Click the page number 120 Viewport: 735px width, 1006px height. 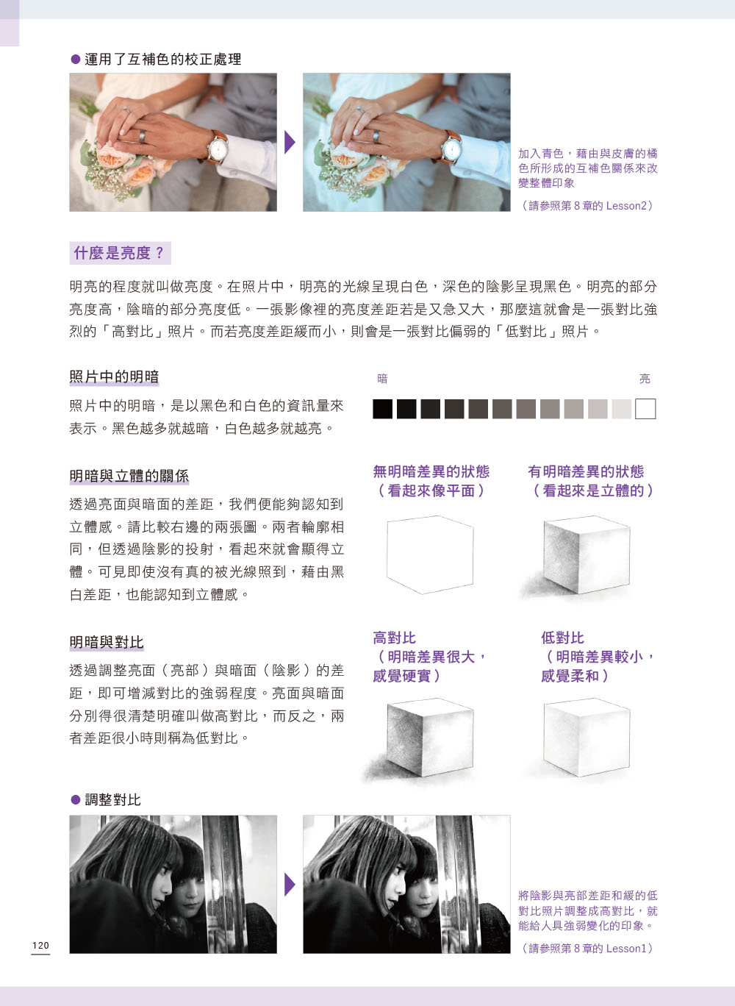(40, 946)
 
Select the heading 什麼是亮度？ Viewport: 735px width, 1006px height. (120, 253)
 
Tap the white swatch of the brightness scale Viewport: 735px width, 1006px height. (645, 409)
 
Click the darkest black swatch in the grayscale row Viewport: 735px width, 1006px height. (382, 409)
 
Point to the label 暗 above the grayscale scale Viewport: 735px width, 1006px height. (382, 379)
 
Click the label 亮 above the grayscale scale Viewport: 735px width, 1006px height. (645, 379)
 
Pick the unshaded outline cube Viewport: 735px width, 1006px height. (430, 554)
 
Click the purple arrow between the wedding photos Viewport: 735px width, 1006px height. (290, 142)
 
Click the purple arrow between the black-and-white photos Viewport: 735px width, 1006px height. (290, 885)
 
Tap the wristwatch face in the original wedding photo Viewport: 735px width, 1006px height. (218, 149)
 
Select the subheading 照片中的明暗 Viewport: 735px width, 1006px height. (114, 377)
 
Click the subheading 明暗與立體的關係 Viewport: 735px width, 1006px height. (129, 476)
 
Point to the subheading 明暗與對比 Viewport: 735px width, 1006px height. (107, 642)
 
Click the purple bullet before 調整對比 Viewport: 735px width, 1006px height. (76, 799)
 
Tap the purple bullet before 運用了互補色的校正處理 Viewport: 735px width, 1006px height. (76, 60)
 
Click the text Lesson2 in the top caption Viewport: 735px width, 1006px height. (626, 206)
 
